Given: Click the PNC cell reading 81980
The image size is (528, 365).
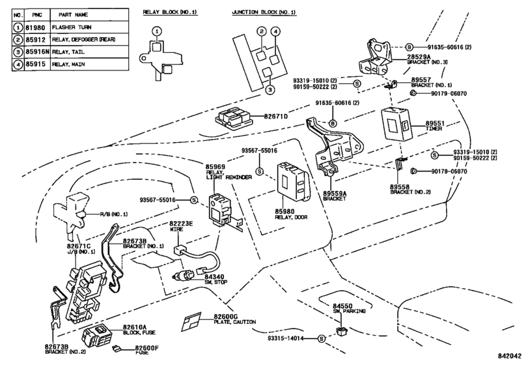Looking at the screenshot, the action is click(x=35, y=27).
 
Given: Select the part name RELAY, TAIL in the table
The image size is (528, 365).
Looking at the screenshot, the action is click(x=68, y=52).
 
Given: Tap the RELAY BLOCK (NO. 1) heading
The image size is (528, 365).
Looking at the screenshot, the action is click(x=170, y=12).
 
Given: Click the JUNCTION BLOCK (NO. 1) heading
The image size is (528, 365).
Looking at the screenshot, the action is click(x=264, y=12).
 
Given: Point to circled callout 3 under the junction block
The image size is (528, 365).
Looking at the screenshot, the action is click(x=270, y=90).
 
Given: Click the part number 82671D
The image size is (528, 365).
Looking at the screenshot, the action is click(x=276, y=116).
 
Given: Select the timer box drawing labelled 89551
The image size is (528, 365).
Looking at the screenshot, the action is click(x=396, y=124).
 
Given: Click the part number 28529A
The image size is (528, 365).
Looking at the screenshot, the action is click(x=419, y=57).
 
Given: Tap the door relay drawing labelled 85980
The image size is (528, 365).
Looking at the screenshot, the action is click(x=293, y=183).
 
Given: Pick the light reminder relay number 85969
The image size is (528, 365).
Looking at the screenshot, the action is click(x=215, y=167).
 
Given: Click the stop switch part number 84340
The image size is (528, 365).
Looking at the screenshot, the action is click(x=214, y=277).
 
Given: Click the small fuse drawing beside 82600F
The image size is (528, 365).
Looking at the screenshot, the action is click(x=117, y=349).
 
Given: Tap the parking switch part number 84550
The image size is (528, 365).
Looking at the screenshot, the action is click(x=342, y=306).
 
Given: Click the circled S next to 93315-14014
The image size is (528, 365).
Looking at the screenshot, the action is click(x=321, y=338).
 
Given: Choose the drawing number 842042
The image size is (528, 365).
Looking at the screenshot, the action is click(x=510, y=356).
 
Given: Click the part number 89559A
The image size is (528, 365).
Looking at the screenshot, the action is click(x=335, y=194).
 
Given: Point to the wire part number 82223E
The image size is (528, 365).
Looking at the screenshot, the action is click(x=181, y=224).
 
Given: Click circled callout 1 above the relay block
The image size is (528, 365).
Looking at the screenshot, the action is click(x=157, y=31).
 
